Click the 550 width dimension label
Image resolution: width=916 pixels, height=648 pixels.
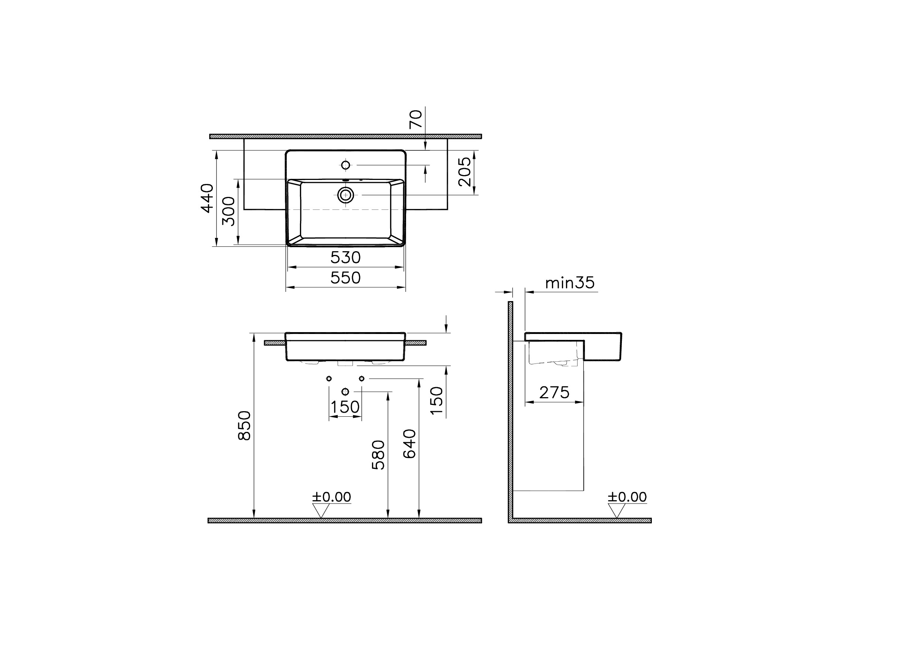[x=345, y=278]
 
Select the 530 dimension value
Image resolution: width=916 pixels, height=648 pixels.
[x=345, y=258]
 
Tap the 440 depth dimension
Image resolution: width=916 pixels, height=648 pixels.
[x=207, y=198]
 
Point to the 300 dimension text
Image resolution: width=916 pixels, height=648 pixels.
[x=229, y=211]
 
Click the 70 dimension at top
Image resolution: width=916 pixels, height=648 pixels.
[x=415, y=119]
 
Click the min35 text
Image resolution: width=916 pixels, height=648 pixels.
[x=569, y=283]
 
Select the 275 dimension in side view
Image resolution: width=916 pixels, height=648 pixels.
[x=554, y=393]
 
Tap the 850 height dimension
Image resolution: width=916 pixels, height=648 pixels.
[x=244, y=425]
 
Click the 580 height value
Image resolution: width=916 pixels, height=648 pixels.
[x=378, y=455]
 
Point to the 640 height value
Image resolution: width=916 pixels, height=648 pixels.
[x=409, y=444]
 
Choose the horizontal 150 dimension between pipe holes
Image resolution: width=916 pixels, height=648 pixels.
[x=345, y=407]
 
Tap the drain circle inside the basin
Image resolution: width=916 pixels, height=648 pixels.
[x=345, y=195]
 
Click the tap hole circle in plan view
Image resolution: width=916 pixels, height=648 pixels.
[x=345, y=165]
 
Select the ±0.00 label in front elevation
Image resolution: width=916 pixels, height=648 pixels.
[x=331, y=497]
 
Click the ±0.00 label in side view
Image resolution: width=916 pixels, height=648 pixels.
[x=627, y=497]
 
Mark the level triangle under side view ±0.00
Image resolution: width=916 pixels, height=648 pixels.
[x=616, y=510]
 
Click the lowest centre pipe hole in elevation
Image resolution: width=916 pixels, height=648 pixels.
[x=345, y=392]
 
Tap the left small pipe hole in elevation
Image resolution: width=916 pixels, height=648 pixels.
[x=329, y=378]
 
